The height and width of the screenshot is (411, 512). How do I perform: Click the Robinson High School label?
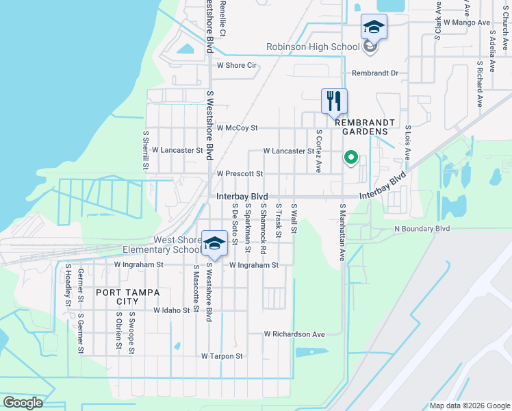[x=313, y=47]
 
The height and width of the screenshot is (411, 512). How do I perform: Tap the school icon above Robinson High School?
[x=374, y=27]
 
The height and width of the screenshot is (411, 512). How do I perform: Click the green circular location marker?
[x=351, y=158]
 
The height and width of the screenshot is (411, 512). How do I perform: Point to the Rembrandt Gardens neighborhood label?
[x=365, y=127]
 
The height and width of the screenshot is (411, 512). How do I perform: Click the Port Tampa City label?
[x=118, y=297]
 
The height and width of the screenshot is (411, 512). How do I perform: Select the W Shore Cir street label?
[x=236, y=66]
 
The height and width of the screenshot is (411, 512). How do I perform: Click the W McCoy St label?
[x=237, y=128]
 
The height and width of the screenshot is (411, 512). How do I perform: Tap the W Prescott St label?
[x=240, y=174]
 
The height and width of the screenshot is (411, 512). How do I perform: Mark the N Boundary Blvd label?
[x=422, y=228]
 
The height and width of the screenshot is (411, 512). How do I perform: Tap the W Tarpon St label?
[x=222, y=356]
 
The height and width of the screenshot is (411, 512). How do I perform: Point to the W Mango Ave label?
[x=467, y=23]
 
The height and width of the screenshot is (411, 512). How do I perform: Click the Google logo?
[x=23, y=403]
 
